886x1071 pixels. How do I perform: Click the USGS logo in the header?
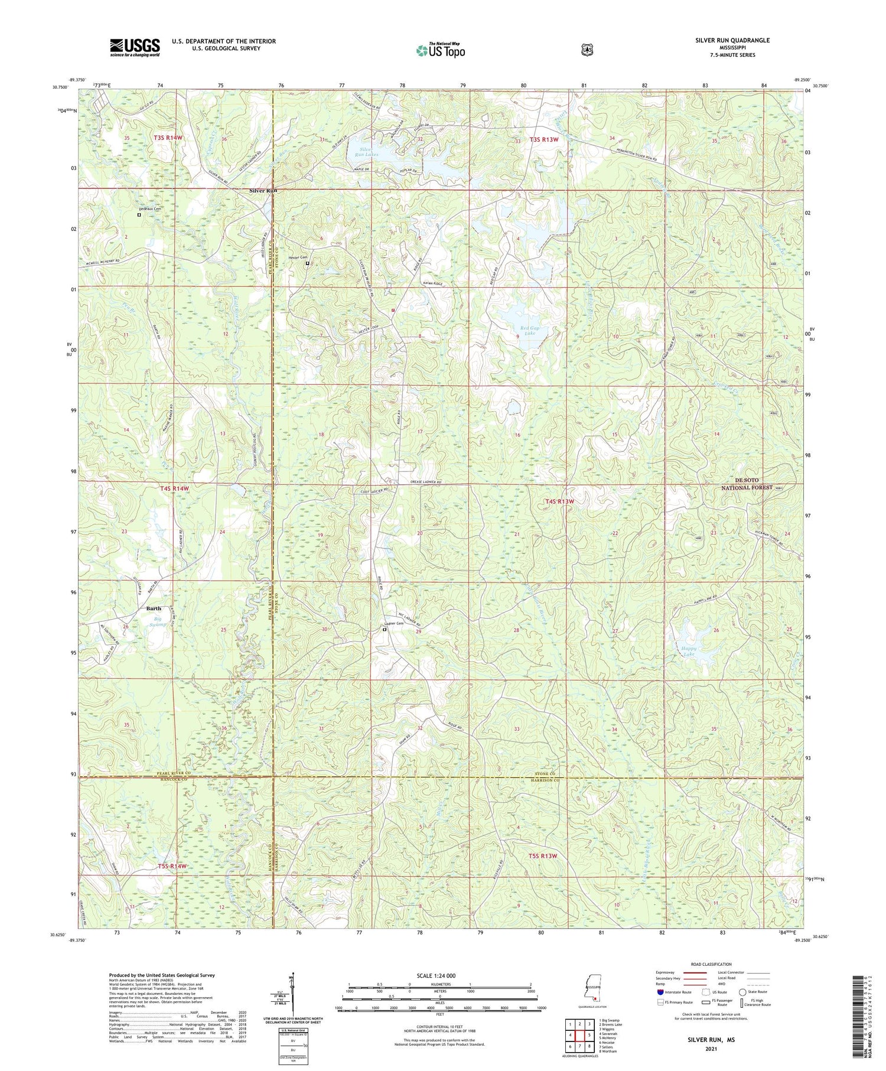pyautogui.click(x=135, y=47)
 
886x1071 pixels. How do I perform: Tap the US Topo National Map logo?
pyautogui.click(x=440, y=50)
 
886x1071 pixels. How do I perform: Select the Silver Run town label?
pyautogui.click(x=263, y=191)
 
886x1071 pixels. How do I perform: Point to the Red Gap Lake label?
pyautogui.click(x=530, y=331)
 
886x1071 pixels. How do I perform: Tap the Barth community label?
pyautogui.click(x=154, y=608)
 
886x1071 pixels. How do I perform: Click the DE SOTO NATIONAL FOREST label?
pyautogui.click(x=747, y=484)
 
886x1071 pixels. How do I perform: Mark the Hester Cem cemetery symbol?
pyautogui.click(x=308, y=263)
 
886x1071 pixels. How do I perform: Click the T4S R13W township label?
pyautogui.click(x=559, y=502)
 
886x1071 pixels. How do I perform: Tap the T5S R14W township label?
pyautogui.click(x=172, y=866)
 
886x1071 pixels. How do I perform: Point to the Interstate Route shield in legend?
pyautogui.click(x=660, y=992)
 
